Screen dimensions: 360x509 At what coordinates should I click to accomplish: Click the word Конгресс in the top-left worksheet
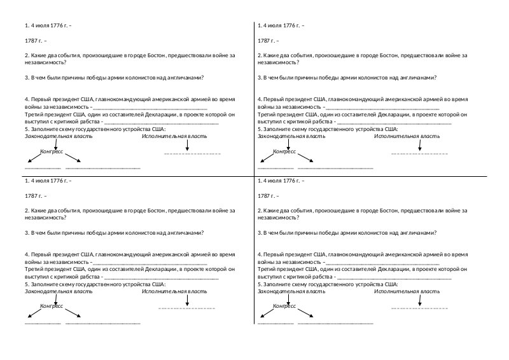[52, 151]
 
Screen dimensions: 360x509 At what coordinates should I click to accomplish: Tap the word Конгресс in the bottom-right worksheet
[285, 306]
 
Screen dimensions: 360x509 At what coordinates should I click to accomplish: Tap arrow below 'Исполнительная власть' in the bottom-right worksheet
[420, 299]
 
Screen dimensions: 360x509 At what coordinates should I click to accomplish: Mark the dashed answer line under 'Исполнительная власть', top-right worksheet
[419, 154]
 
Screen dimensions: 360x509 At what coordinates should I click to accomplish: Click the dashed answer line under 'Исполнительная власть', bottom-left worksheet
[186, 308]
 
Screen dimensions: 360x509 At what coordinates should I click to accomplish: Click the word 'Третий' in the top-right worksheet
[267, 114]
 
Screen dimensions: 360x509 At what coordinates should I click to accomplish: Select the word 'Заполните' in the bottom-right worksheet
[278, 284]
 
